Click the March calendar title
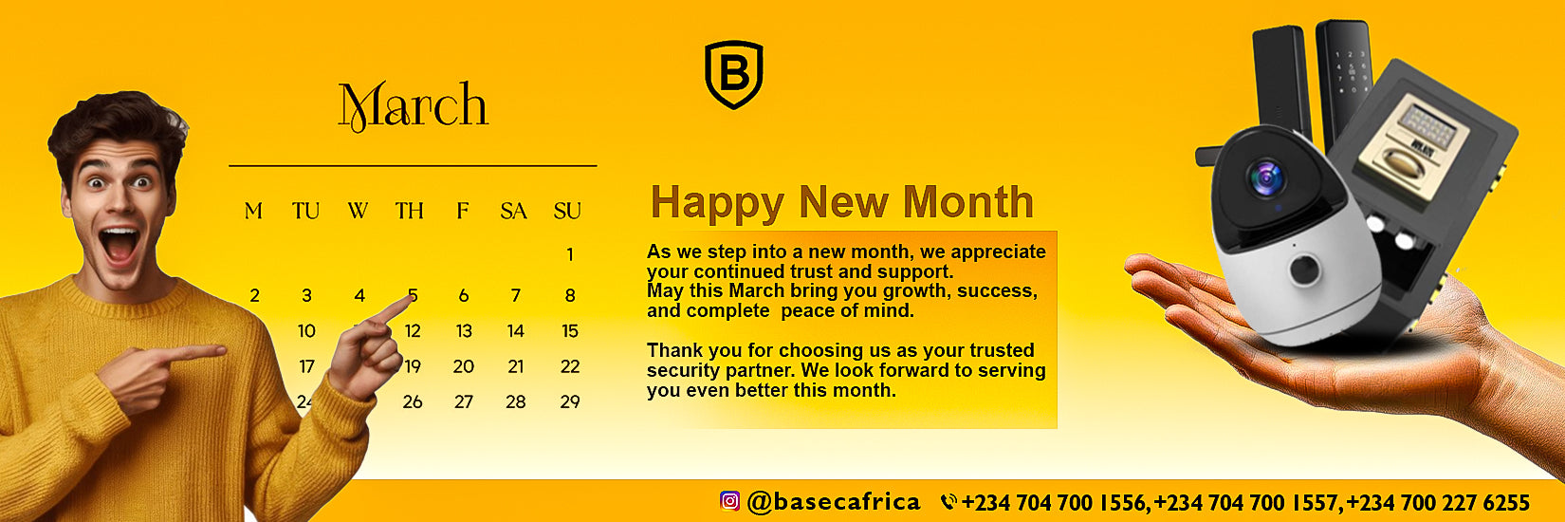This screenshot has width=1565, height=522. click(x=413, y=105)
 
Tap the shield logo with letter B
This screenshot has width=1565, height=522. click(x=733, y=74)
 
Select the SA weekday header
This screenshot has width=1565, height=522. click(x=513, y=211)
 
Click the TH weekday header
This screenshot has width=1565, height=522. click(x=410, y=211)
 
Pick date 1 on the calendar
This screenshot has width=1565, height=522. click(x=570, y=254)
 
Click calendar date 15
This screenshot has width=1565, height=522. click(x=570, y=330)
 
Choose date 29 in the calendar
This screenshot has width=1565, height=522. click(x=570, y=401)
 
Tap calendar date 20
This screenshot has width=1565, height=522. click(x=463, y=366)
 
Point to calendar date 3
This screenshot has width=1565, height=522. click(x=306, y=295)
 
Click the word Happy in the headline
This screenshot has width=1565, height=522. click(x=717, y=203)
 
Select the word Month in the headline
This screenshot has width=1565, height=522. click(x=968, y=202)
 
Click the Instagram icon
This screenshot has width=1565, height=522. click(x=729, y=501)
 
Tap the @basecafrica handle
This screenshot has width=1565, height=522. click(x=834, y=502)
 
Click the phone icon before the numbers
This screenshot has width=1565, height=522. click(x=948, y=502)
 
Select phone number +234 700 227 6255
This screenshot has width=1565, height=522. click(x=1438, y=503)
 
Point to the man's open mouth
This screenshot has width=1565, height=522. click(x=119, y=245)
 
